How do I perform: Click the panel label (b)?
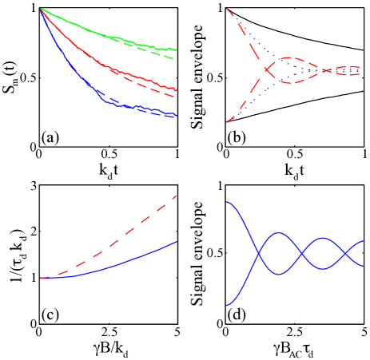236,137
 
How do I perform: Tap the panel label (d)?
236,314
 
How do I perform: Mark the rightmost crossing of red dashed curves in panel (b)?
330,70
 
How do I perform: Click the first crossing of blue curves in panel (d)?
257,254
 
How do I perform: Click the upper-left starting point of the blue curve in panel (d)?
228,203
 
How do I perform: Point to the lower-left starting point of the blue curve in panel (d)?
228,305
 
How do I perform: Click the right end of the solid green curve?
177,49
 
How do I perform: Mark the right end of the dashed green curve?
177,59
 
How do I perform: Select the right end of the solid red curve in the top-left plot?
177,89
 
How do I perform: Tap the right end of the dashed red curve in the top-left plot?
177,96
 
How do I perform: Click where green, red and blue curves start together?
41,9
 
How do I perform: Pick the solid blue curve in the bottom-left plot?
120,264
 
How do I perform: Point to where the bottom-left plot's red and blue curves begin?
41,278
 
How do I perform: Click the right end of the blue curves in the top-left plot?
176,116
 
